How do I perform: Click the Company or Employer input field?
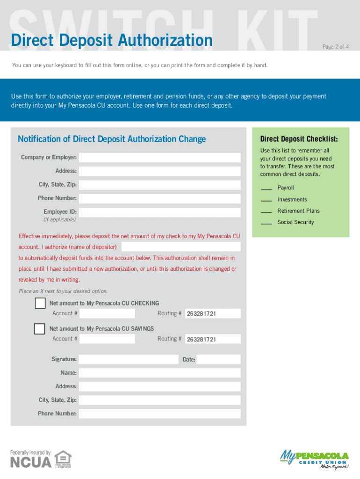[x=159, y=157]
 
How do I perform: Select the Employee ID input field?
[x=159, y=212]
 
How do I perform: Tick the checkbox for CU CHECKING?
[x=40, y=304]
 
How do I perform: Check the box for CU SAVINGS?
[x=40, y=329]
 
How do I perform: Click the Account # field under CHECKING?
[x=107, y=313]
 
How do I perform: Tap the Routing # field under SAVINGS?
[x=213, y=339]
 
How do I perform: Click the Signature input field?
[x=129, y=359]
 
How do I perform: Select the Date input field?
[x=218, y=359]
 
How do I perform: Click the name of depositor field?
[x=181, y=247]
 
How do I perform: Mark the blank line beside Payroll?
[x=266, y=189]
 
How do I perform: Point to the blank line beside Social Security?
[x=266, y=224]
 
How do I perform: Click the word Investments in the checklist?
[x=292, y=199]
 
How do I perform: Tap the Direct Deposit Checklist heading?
[x=299, y=139]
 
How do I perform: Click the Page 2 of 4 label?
[x=335, y=47]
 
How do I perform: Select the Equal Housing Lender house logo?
[x=63, y=459]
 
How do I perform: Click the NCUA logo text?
[x=31, y=462]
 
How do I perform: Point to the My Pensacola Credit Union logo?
[x=314, y=459]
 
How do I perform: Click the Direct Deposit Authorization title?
[x=112, y=41]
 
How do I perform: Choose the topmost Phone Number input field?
[x=159, y=198]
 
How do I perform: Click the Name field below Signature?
[x=159, y=373]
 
